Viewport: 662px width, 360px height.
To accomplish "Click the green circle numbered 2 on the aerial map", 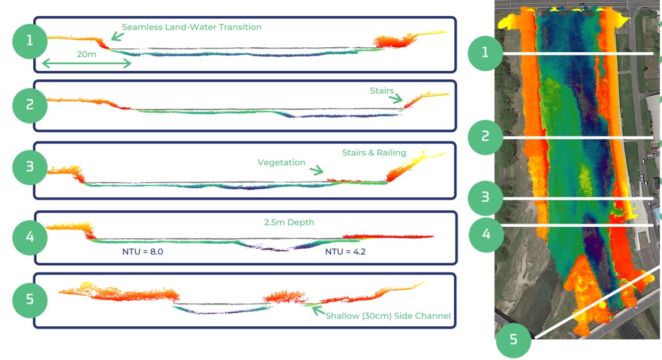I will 486,136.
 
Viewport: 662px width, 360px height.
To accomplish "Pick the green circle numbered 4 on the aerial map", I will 486,234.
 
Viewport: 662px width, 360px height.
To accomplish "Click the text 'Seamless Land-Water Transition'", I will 191,27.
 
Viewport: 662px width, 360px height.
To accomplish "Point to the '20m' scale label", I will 87,54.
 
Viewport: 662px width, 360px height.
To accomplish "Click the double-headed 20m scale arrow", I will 87,64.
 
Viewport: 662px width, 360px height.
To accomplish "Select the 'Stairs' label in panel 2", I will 381,91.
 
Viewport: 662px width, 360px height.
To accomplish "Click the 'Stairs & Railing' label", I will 374,153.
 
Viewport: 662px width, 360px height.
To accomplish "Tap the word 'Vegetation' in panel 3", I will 281,163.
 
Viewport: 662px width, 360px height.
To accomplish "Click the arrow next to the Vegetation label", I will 317,170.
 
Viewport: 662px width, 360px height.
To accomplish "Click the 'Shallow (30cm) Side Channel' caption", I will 388,315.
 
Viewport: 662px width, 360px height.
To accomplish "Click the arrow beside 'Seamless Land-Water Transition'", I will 116,36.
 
